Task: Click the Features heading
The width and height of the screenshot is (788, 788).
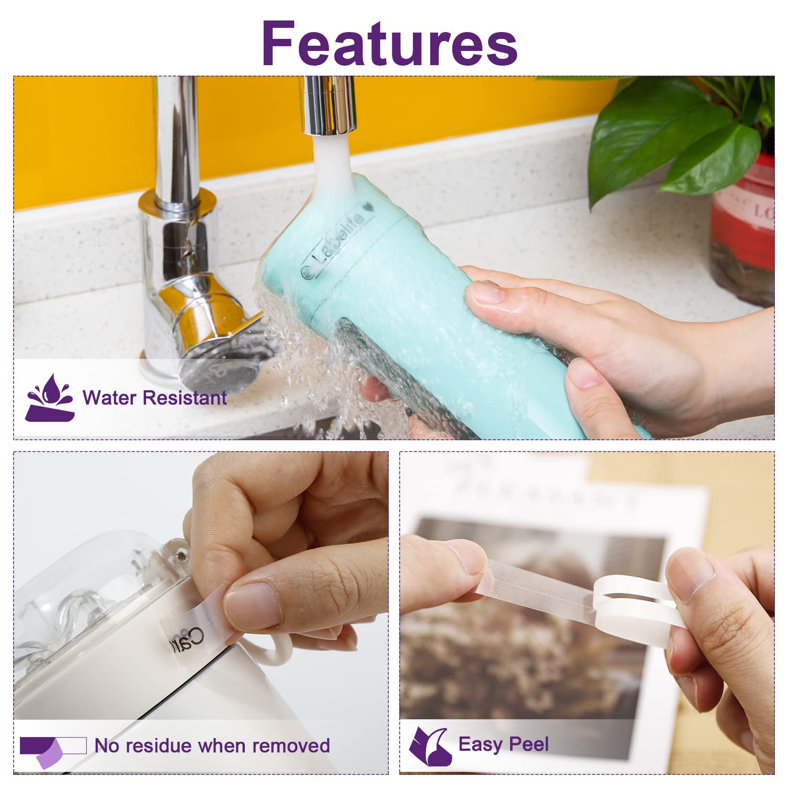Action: click(x=389, y=43)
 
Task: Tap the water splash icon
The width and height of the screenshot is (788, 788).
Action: click(x=49, y=398)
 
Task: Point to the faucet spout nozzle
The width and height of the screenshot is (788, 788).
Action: click(x=328, y=105)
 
